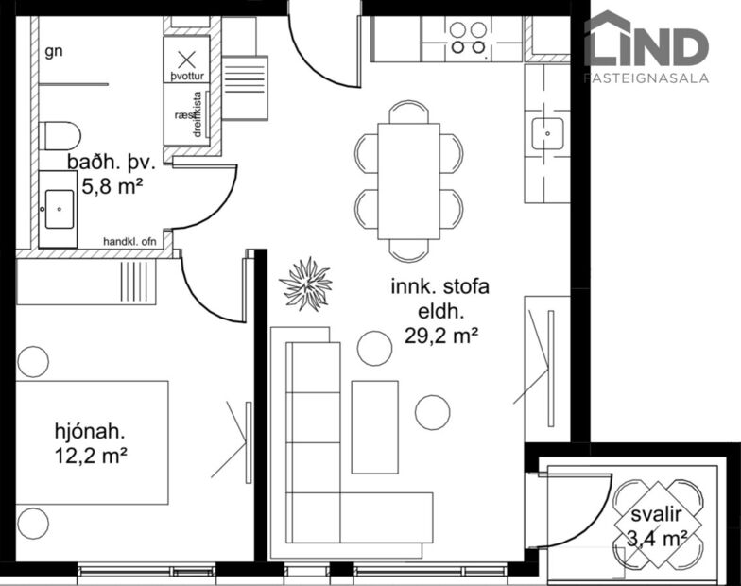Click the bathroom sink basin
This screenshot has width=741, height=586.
point(59,202)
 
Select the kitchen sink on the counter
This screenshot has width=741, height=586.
point(547,134)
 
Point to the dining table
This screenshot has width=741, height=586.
point(408,181)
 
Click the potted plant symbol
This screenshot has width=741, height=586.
point(305,283)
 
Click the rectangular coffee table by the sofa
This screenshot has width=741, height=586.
point(374,426)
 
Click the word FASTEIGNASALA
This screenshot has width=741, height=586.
point(646,78)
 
